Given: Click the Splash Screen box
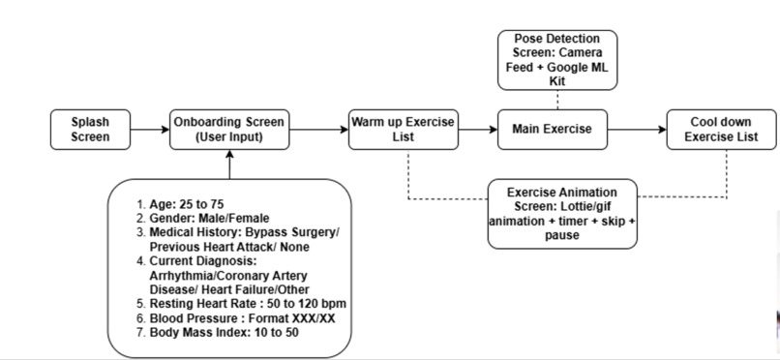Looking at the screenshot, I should [x=90, y=130].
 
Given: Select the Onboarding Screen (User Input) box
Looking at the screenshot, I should [x=229, y=130].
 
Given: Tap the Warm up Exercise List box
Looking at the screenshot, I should [x=402, y=130].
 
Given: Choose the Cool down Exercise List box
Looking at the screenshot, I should [x=721, y=130].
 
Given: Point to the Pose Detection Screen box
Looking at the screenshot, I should [x=558, y=59].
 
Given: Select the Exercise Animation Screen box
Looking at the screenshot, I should [x=562, y=213].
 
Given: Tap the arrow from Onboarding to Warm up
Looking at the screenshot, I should [x=319, y=130].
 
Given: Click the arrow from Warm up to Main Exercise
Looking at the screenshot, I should [x=476, y=130].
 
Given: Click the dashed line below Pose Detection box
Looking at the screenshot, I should [x=558, y=100].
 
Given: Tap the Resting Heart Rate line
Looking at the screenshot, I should [x=241, y=304].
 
